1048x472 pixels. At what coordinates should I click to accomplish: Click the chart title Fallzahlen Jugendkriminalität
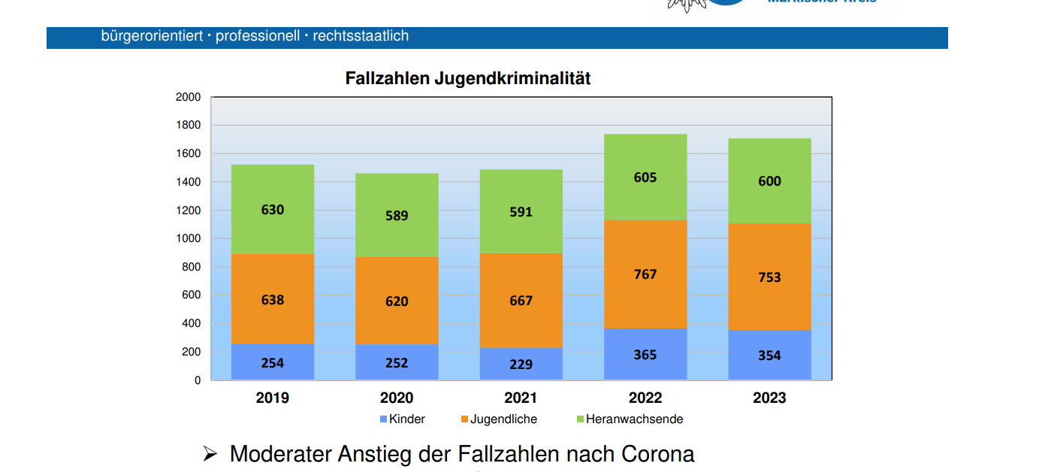pyautogui.click(x=467, y=78)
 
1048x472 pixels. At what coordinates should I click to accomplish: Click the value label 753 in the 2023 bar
pyautogui.click(x=769, y=277)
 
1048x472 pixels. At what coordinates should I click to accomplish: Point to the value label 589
pyautogui.click(x=397, y=216)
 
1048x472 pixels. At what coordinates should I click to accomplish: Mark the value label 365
pyautogui.click(x=645, y=355)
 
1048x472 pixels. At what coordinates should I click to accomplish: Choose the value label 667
pyautogui.click(x=521, y=301)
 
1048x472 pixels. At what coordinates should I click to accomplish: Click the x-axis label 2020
pyautogui.click(x=397, y=398)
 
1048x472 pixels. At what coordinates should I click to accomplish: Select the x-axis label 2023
pyautogui.click(x=769, y=398)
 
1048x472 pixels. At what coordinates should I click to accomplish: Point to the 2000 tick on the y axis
pyautogui.click(x=188, y=97)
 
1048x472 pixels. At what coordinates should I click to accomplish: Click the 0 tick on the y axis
pyautogui.click(x=198, y=380)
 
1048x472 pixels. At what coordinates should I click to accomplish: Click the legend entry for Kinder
pyautogui.click(x=406, y=419)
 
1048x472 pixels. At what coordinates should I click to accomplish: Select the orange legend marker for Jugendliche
pyautogui.click(x=464, y=419)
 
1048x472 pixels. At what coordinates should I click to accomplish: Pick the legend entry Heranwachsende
pyautogui.click(x=634, y=419)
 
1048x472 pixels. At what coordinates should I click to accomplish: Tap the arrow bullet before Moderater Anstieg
pyautogui.click(x=210, y=454)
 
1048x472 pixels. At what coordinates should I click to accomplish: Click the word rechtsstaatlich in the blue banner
pyautogui.click(x=361, y=36)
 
